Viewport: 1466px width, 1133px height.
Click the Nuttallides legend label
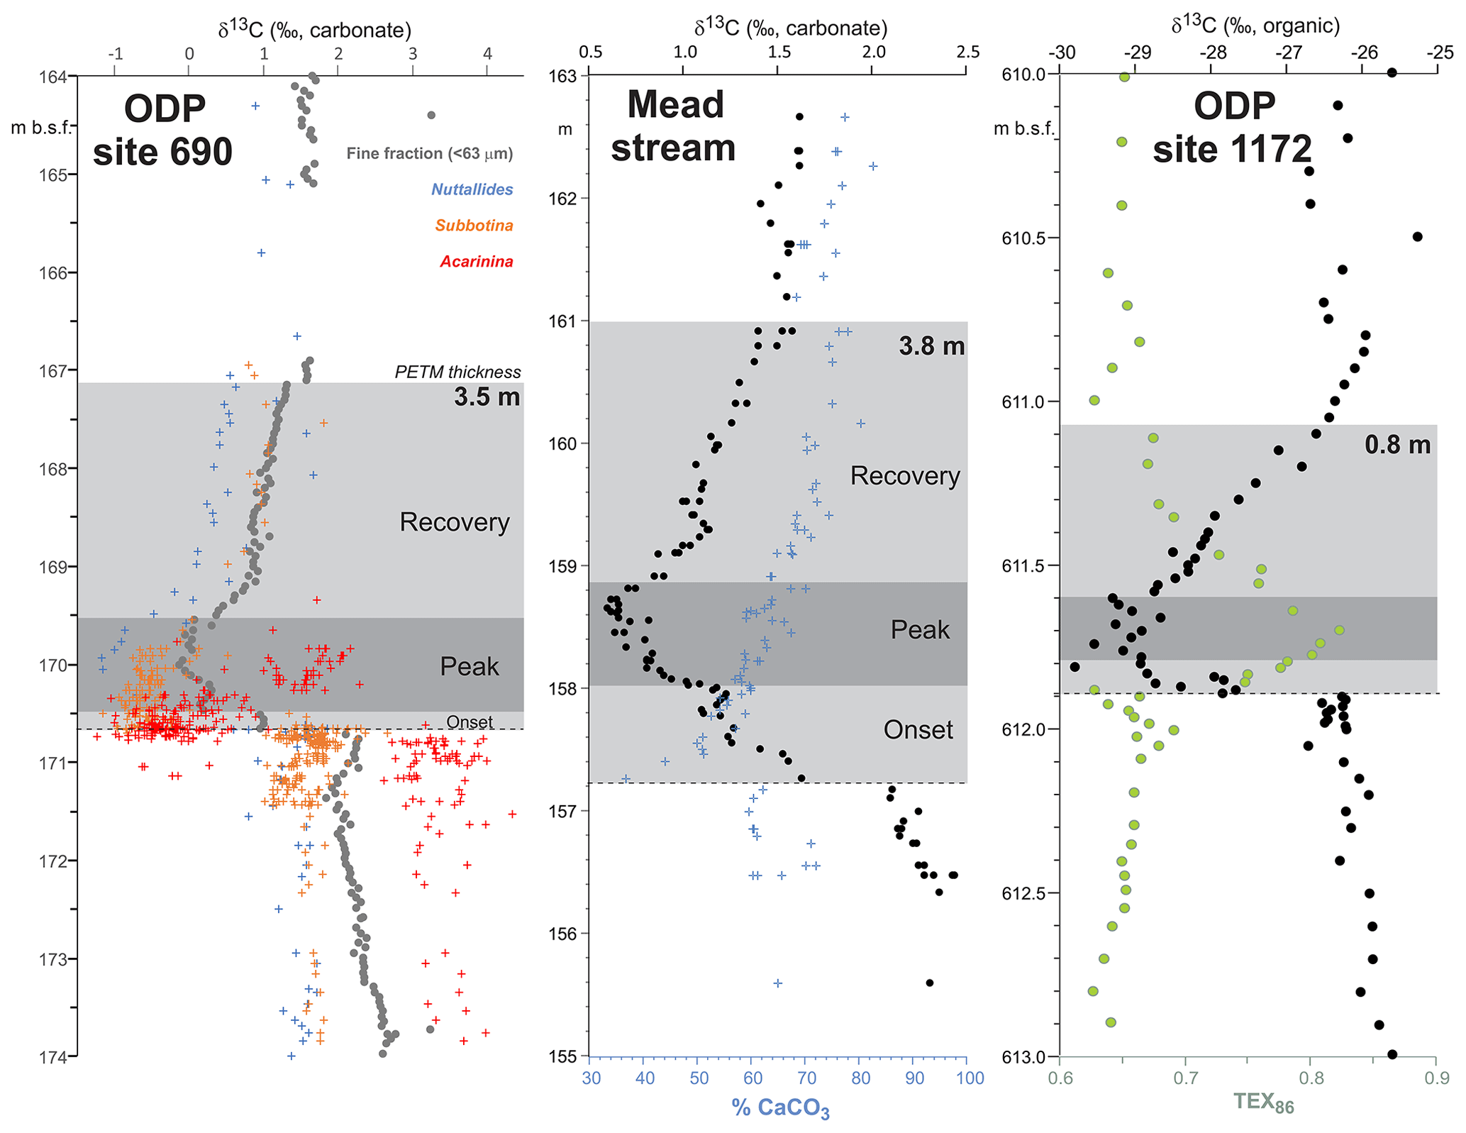[x=472, y=189]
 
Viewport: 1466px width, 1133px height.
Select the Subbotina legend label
[x=474, y=226]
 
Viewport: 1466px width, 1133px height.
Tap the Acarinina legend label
[x=476, y=262]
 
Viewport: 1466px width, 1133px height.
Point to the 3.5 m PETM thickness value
[x=487, y=397]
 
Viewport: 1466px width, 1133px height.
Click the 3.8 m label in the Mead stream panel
[x=931, y=346]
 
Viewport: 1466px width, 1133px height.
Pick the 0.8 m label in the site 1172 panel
[x=1396, y=445]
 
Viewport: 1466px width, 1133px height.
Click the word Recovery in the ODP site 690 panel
[x=454, y=522]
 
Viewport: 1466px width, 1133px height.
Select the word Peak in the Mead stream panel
[x=919, y=630]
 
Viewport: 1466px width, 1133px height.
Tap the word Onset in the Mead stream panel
[x=918, y=730]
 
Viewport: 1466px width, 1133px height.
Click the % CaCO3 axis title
[x=780, y=1107]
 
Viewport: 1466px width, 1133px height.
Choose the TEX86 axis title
[x=1263, y=1102]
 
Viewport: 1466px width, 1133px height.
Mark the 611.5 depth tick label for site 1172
[x=1024, y=565]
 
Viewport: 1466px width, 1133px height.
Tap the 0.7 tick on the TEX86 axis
[x=1185, y=1078]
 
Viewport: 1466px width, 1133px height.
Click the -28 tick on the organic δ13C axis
[x=1213, y=52]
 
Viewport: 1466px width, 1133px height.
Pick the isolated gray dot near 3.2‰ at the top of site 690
[x=431, y=115]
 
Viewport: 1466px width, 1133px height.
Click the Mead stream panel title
[x=674, y=126]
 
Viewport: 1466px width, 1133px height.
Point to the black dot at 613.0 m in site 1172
[x=1392, y=1054]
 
